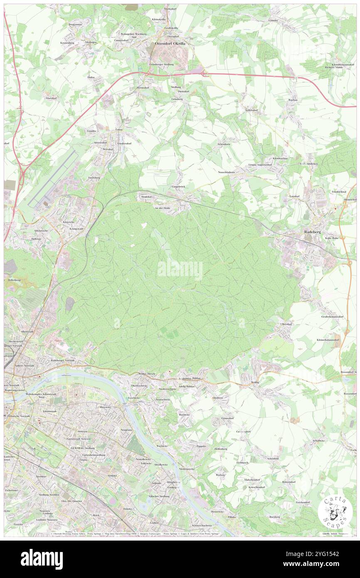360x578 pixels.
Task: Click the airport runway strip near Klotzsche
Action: click(x=54, y=179)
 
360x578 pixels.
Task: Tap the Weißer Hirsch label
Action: click(x=146, y=374)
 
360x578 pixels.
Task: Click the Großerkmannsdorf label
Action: click(x=332, y=317)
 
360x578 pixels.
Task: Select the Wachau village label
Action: click(x=293, y=100)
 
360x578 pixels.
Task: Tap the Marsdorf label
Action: click(x=51, y=98)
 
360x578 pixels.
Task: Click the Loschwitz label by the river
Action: click(x=133, y=398)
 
